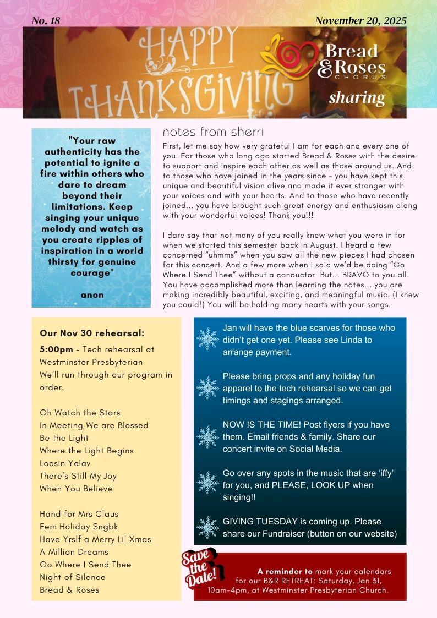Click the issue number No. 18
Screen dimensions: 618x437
[x=46, y=21]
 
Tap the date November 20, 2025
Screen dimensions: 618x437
[x=360, y=21]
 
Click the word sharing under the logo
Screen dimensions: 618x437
[x=357, y=97]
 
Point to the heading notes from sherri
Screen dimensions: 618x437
[x=213, y=133]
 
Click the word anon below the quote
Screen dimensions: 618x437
[x=92, y=295]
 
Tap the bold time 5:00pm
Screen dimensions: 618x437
[x=56, y=349]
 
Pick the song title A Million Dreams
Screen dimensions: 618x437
[x=74, y=552]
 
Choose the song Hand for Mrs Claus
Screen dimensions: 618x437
[x=79, y=514]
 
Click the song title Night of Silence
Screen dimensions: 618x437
[x=72, y=577]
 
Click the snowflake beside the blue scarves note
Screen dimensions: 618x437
[x=208, y=339]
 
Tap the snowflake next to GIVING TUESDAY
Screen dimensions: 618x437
[x=208, y=527]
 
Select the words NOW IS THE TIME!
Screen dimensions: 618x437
[x=261, y=424]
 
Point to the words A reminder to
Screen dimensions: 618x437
[x=285, y=571]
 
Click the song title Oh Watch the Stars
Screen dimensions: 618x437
[x=80, y=413]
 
